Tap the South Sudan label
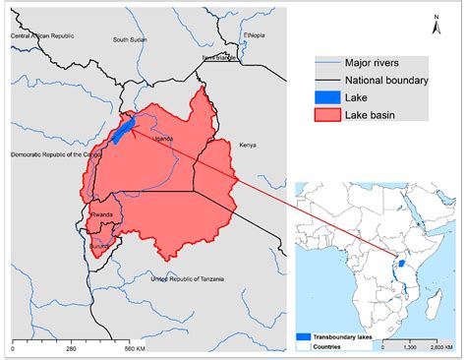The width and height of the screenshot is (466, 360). [x=130, y=40]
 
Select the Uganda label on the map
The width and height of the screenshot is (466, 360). [x=165, y=139]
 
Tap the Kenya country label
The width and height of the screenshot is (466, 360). [x=248, y=145]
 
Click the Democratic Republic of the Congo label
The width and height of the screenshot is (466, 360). [x=50, y=155]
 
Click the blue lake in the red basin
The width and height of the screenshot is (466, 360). [x=121, y=131]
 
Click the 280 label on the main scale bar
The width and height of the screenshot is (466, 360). [x=68, y=348]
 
